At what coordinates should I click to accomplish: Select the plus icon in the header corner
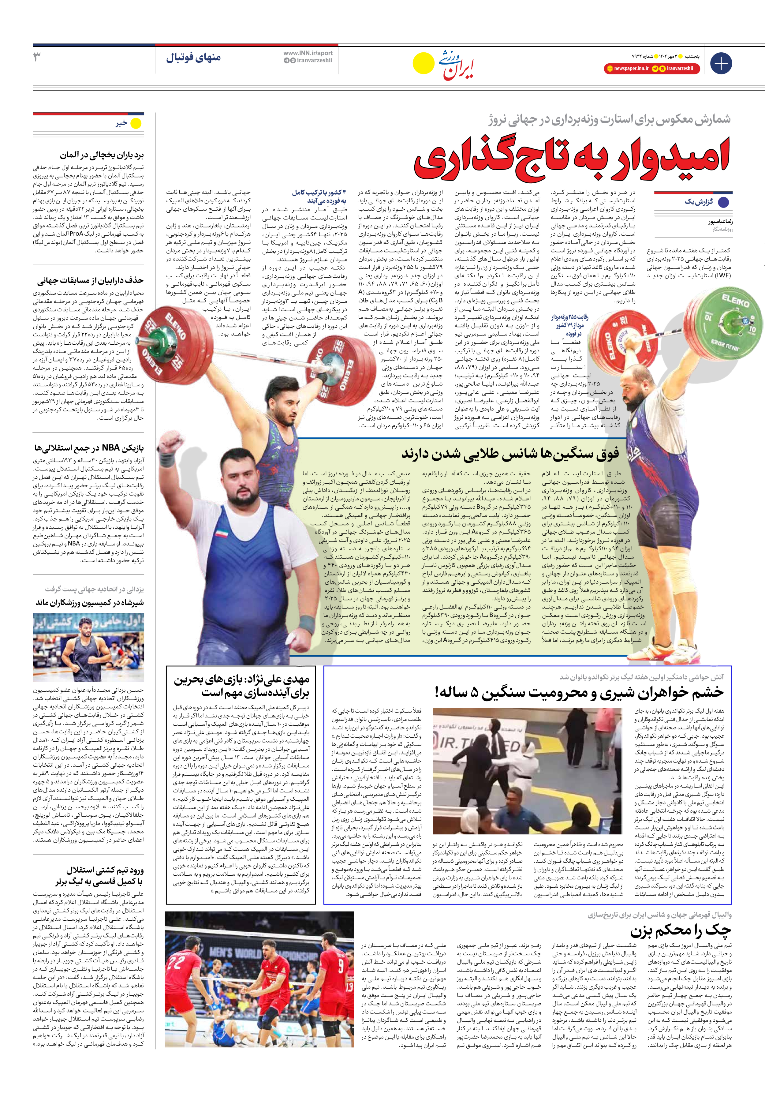721,63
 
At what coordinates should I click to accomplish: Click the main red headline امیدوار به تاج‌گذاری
571,159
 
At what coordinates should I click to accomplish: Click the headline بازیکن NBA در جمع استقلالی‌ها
89,448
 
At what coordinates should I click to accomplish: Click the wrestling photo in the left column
88,647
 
